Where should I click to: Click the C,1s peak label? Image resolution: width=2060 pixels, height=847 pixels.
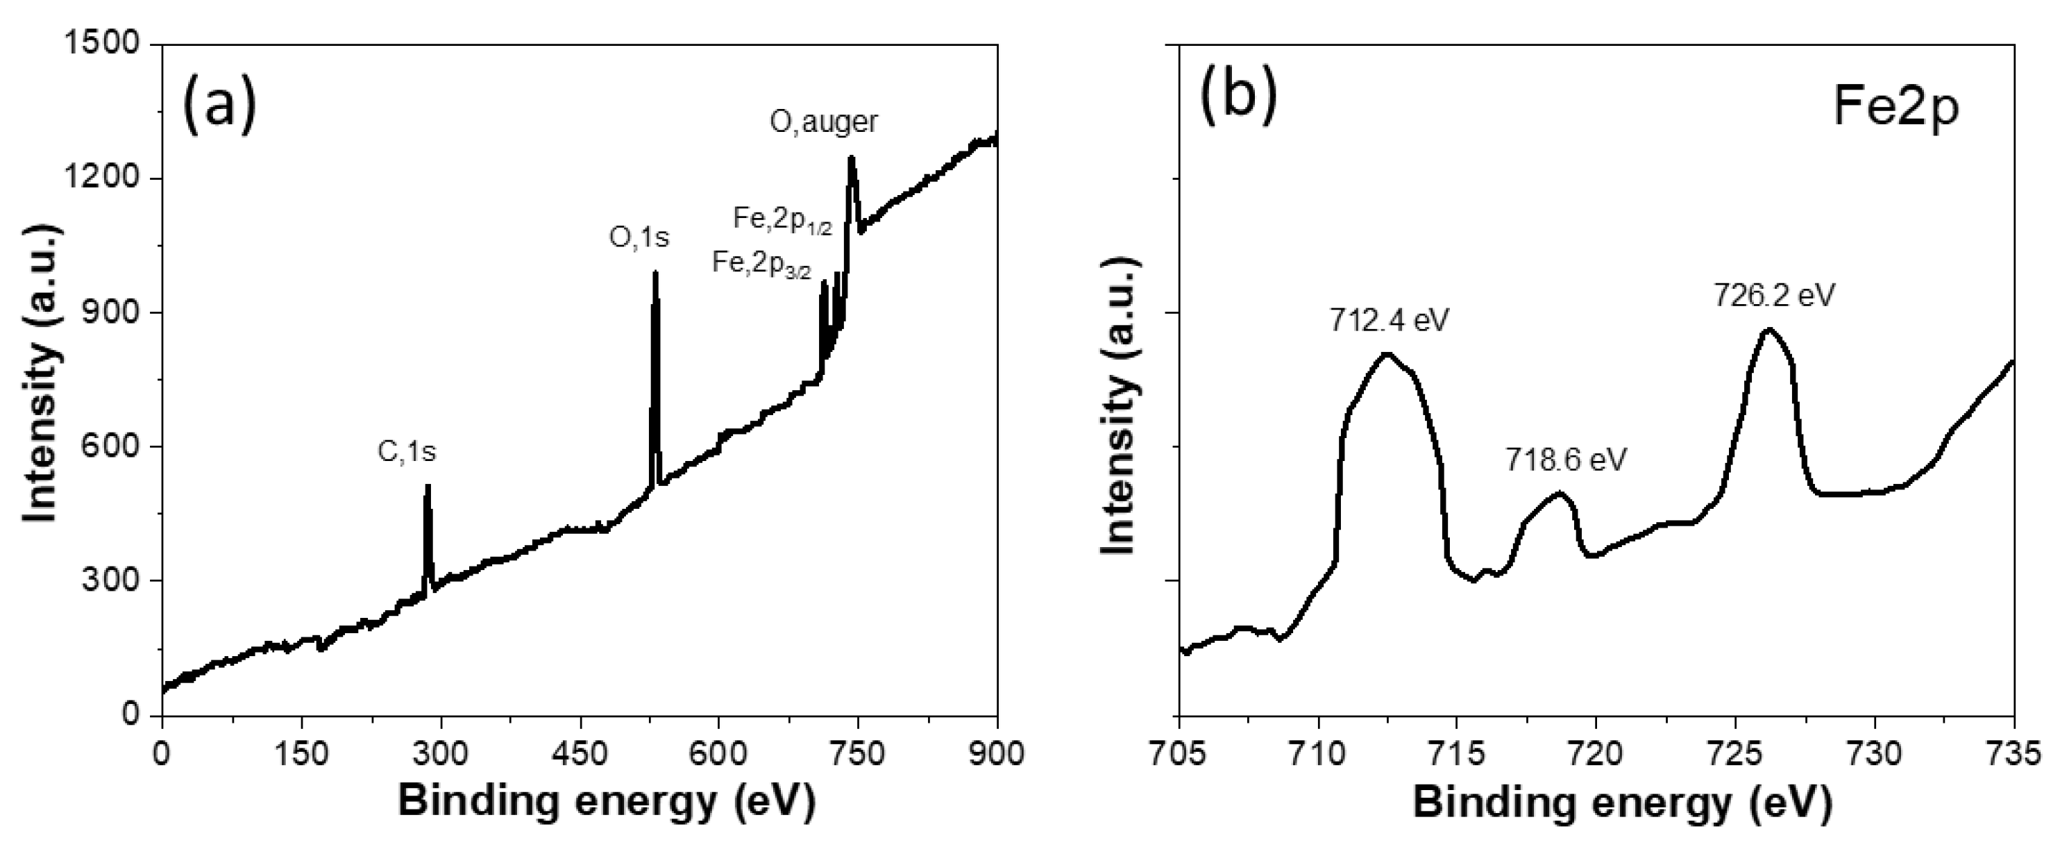pyautogui.click(x=407, y=453)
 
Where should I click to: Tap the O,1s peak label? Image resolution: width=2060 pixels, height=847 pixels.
pyautogui.click(x=639, y=237)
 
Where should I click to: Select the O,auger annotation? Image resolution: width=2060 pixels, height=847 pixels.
pyautogui.click(x=824, y=121)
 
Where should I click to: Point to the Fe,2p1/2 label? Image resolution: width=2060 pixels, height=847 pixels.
pyautogui.click(x=783, y=219)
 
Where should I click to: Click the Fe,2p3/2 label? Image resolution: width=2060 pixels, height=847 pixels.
pyautogui.click(x=761, y=264)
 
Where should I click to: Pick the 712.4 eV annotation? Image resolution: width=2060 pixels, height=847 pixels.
pyautogui.click(x=1390, y=320)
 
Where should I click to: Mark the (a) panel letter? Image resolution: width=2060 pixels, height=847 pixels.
pyautogui.click(x=219, y=102)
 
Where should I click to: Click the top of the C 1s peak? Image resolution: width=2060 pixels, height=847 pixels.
pyautogui.click(x=428, y=486)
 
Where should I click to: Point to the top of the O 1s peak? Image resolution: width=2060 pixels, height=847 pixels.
pyautogui.click(x=655, y=274)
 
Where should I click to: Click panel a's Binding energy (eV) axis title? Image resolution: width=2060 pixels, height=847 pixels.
pyautogui.click(x=606, y=802)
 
